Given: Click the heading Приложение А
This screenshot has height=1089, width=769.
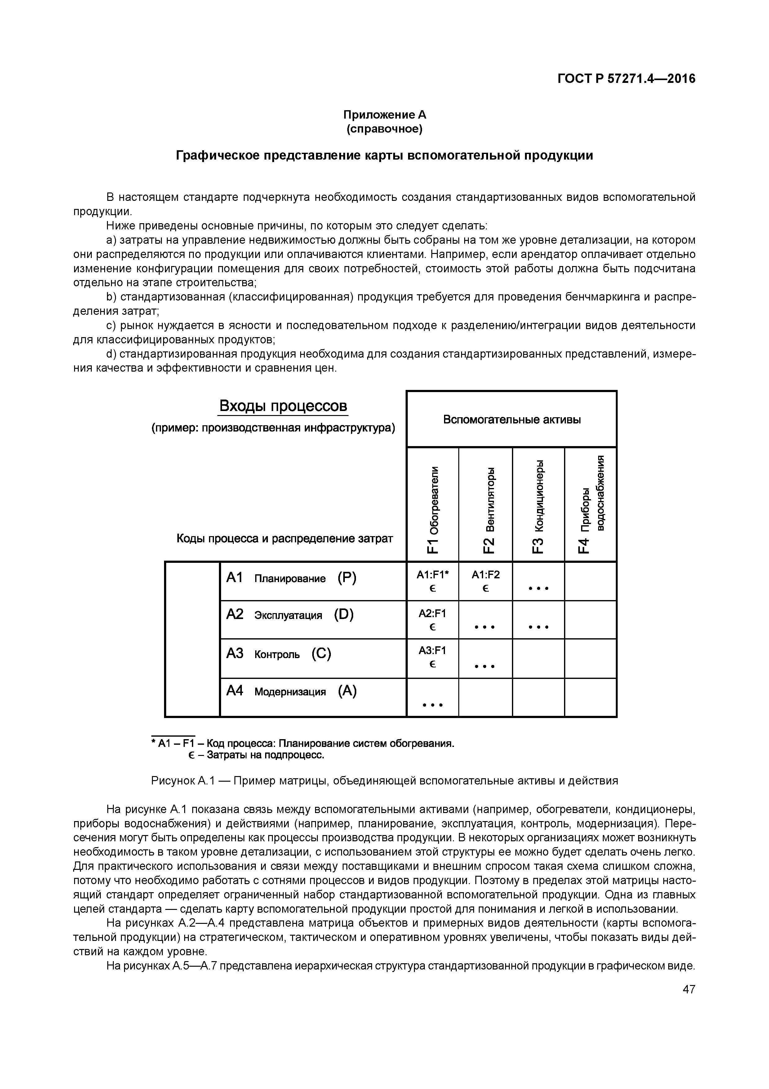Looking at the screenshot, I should click(384, 115).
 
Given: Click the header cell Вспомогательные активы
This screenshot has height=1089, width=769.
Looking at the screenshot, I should click(512, 419).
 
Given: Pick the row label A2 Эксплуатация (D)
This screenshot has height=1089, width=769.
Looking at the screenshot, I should click(290, 615).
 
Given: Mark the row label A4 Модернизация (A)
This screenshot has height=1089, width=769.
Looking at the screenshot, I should click(291, 692).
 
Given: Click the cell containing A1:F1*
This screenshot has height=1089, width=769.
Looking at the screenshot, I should click(433, 581).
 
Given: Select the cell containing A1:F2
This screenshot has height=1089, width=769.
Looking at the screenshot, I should click(486, 581).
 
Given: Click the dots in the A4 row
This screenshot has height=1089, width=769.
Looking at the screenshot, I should click(433, 705).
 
